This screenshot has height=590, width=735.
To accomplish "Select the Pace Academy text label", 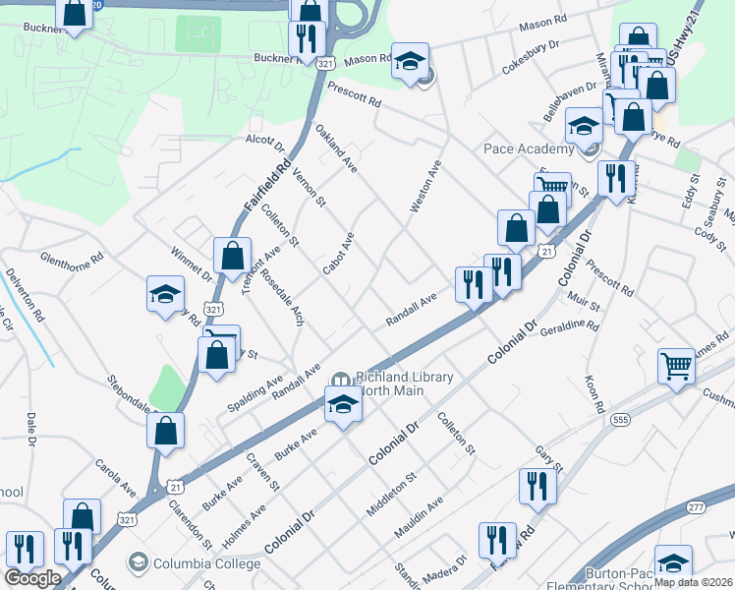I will coord(528,148).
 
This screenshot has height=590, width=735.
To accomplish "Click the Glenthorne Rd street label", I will coord(71,260).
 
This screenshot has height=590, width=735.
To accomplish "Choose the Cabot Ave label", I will coord(338,254).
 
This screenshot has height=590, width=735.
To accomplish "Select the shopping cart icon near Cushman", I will coord(676,366).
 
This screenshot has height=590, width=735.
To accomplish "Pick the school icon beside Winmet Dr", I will coord(165,293).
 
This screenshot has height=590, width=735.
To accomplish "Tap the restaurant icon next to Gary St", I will coord(537,486).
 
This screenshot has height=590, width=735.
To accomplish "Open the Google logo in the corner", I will coord(32,578).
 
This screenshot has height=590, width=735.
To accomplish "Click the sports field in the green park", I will coord(198,33).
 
